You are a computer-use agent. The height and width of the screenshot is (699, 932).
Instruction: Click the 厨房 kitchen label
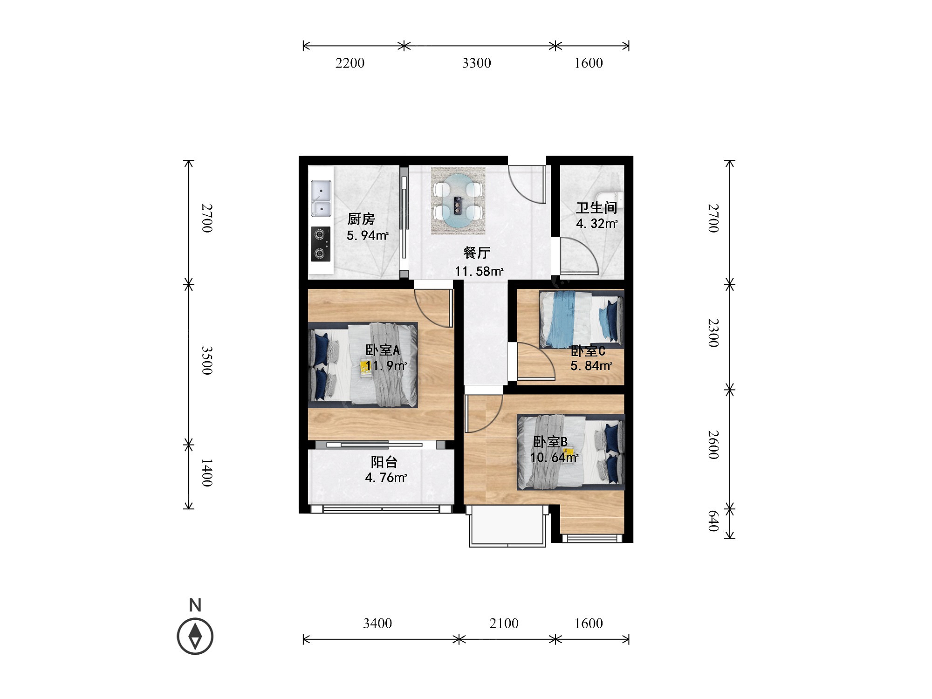click(361, 219)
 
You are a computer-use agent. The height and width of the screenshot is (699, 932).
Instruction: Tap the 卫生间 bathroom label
click(596, 207)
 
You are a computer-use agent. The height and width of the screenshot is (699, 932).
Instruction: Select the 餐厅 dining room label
click(477, 253)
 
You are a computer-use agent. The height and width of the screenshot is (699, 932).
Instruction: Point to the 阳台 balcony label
click(384, 462)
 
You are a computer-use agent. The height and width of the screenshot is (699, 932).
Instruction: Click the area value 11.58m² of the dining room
click(479, 271)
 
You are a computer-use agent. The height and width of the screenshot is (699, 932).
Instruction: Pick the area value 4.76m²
click(386, 478)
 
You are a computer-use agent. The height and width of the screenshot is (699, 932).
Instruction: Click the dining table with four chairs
click(458, 200)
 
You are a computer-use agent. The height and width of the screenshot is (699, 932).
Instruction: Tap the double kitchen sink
click(321, 199)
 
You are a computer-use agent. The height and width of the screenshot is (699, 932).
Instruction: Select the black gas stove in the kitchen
click(321, 244)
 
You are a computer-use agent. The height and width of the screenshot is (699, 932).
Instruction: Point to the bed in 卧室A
click(363, 365)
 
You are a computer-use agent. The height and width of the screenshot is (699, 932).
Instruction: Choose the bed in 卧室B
click(571, 452)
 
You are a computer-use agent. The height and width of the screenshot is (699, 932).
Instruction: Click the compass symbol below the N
click(195, 636)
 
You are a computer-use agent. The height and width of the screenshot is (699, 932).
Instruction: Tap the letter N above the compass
click(195, 605)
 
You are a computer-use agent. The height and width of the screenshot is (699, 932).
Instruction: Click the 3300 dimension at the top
click(476, 63)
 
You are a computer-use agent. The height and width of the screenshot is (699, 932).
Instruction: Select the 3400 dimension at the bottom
click(377, 623)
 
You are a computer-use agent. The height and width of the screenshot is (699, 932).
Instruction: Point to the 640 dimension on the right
click(713, 521)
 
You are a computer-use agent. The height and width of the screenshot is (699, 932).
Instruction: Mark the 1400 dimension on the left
click(207, 473)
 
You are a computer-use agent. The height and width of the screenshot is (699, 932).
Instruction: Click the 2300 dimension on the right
click(713, 333)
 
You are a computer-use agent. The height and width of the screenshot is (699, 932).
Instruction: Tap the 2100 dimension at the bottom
click(504, 623)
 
